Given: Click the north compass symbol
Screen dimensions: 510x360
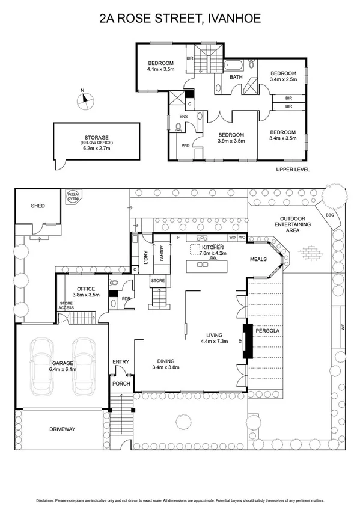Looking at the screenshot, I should tap(85, 100).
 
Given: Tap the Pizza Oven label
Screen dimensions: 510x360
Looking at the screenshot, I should tap(73, 197).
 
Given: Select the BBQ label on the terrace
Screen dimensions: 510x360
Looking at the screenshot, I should tap(329, 214).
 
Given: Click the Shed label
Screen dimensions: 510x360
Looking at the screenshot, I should tap(38, 206).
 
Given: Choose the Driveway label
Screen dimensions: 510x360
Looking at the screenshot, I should tap(63, 429).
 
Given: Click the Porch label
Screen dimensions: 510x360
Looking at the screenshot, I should tap(121, 382).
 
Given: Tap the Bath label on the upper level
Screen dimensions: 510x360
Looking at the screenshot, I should tap(236, 77).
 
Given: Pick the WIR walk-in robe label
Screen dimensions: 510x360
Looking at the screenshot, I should tap(186, 145).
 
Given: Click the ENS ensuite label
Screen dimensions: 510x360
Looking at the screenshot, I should tap(183, 117).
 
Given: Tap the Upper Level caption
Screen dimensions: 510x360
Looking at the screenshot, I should tap(293, 170).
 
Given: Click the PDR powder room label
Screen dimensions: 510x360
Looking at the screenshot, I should tap(126, 299).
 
